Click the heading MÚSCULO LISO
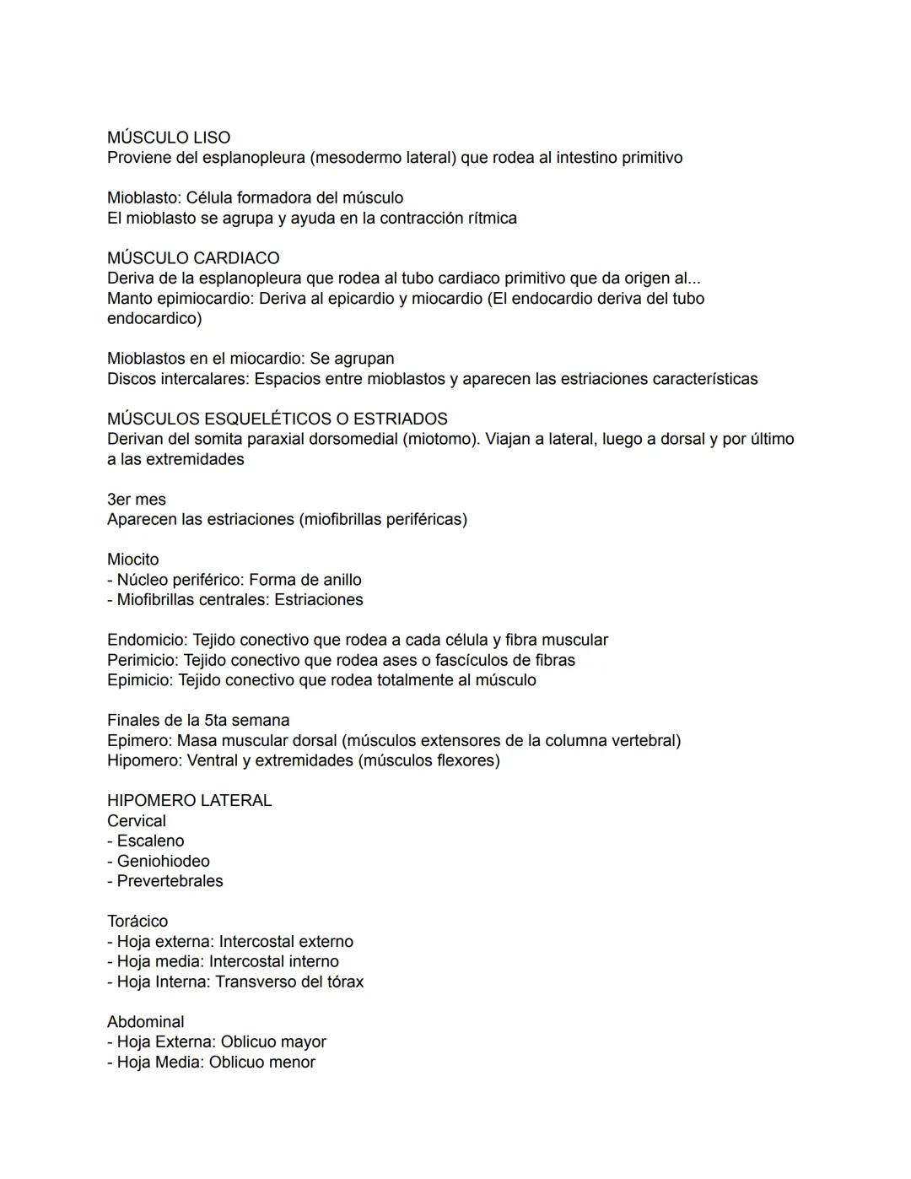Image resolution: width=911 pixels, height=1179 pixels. (x=169, y=138)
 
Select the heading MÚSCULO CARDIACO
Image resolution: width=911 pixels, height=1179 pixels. (x=193, y=258)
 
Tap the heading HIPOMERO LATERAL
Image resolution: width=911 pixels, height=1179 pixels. (x=189, y=801)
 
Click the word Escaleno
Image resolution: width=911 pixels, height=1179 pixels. (x=150, y=841)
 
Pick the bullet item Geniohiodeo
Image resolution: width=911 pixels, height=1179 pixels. (x=163, y=862)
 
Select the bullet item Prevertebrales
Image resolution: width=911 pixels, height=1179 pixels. (x=170, y=881)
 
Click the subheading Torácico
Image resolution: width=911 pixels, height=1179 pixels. (x=137, y=922)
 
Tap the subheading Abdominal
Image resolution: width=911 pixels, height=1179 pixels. (x=145, y=1022)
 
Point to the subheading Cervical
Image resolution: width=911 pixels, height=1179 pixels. (x=137, y=821)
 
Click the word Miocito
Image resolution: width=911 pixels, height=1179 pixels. (x=132, y=560)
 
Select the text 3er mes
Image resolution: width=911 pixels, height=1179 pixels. (x=137, y=500)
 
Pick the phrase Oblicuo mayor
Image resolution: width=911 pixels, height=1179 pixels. (x=273, y=1042)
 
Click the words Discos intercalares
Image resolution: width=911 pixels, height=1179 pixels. (x=175, y=379)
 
